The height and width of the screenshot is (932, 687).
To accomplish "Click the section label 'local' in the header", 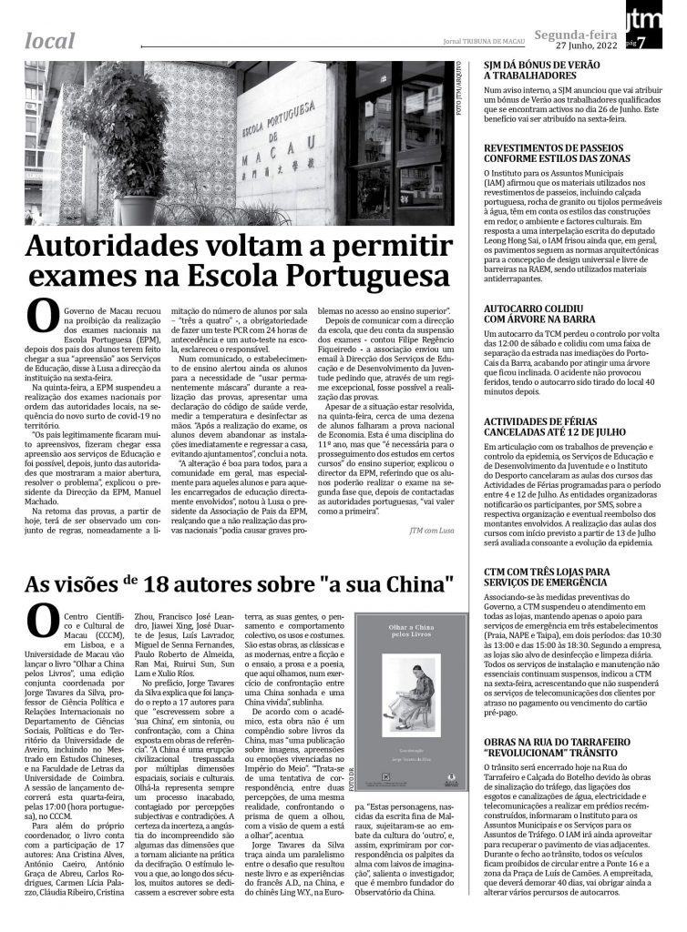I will [x=51, y=39].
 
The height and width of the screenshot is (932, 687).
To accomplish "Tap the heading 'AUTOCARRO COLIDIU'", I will [x=539, y=308].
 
